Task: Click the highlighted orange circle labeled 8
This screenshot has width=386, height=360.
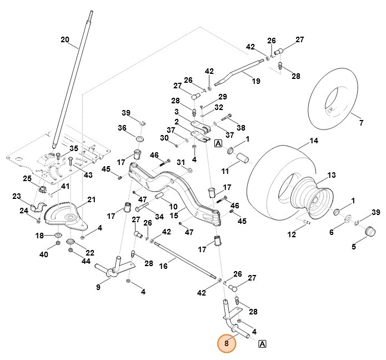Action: click(227, 343)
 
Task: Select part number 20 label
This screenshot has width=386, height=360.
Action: click(65, 39)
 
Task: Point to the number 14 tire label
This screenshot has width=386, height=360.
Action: click(314, 141)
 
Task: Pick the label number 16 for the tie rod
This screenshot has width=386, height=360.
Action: click(163, 267)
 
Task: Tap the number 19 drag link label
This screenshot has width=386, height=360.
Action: click(256, 81)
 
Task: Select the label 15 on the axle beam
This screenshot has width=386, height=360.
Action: click(174, 215)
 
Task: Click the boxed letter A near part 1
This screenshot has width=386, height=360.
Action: click(219, 143)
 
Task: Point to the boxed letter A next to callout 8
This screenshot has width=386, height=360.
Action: click(262, 344)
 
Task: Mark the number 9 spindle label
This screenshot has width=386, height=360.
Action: click(98, 287)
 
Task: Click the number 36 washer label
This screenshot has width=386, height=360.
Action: click(122, 128)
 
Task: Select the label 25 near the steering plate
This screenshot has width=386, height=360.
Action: click(27, 178)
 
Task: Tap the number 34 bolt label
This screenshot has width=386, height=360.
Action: click(159, 217)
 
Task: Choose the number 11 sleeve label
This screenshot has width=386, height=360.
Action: click(225, 171)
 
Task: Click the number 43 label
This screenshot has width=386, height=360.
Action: click(88, 175)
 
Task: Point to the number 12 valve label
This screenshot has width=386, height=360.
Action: click(292, 234)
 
